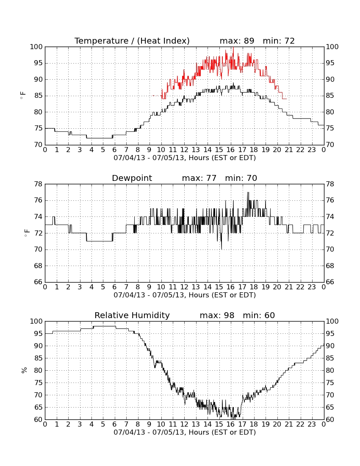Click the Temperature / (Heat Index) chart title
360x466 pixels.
click(x=132, y=41)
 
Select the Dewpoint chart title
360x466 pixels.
click(x=132, y=178)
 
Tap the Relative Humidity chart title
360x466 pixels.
click(x=132, y=315)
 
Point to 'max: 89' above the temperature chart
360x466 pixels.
click(x=237, y=41)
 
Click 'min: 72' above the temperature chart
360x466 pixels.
click(x=279, y=41)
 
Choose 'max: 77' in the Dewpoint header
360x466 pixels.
click(x=199, y=178)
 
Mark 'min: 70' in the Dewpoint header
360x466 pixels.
click(x=241, y=178)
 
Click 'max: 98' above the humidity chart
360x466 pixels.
click(x=217, y=315)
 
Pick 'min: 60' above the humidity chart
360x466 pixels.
click(x=259, y=315)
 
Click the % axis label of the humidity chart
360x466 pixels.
click(x=24, y=370)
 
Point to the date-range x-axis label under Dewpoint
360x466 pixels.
click(x=185, y=295)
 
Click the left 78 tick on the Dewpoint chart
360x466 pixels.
click(x=39, y=184)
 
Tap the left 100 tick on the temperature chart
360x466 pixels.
click(x=36, y=47)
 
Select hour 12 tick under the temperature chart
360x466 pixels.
click(x=184, y=150)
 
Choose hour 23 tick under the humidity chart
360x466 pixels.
click(x=312, y=424)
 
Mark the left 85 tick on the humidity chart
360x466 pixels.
click(x=39, y=358)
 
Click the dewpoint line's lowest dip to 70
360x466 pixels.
click(x=221, y=249)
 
